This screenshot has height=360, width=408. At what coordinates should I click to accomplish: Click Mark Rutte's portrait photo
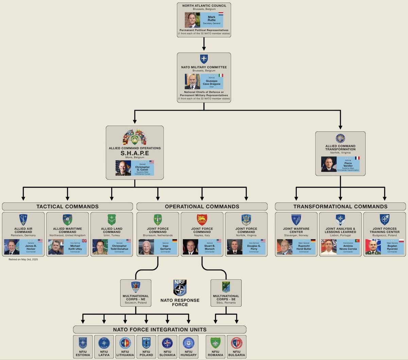192,20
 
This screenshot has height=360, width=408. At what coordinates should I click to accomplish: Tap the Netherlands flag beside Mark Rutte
221,14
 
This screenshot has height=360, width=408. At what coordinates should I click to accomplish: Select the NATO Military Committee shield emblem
204,59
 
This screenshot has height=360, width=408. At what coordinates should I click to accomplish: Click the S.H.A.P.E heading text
135,153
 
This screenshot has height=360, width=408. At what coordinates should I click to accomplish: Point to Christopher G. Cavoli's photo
123,168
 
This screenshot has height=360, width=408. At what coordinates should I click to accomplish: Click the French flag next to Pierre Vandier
357,158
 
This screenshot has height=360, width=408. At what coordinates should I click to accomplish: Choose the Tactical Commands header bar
67,206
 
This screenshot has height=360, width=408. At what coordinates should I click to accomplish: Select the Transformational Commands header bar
340,206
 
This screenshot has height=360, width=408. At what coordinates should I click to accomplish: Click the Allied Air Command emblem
23,220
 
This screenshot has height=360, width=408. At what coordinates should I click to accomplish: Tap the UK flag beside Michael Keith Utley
84,241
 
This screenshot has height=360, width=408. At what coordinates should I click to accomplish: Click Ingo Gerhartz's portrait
146,247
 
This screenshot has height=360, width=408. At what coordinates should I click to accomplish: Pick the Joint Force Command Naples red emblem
202,220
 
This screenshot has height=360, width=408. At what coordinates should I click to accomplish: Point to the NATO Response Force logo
180,288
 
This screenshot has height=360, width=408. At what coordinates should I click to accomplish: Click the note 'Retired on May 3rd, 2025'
23,259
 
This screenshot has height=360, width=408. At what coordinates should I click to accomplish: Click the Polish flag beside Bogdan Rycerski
401,241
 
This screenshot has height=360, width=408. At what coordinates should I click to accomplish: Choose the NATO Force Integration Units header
159,329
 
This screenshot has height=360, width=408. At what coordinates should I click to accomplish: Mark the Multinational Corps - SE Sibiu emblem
226,287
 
